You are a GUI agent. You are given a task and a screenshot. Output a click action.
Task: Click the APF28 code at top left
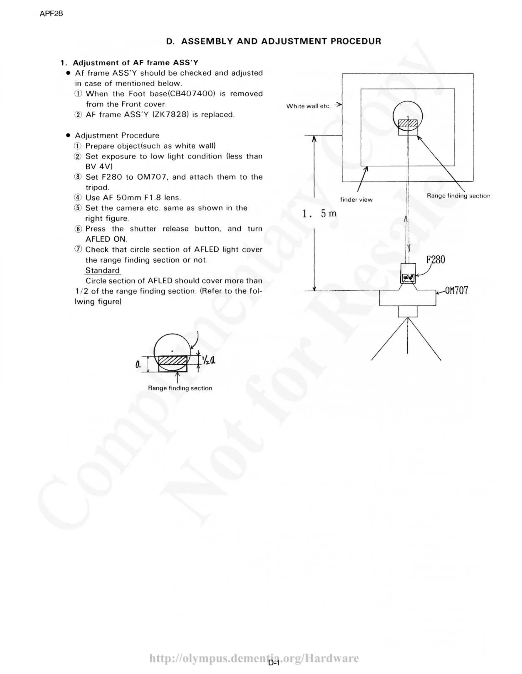51,14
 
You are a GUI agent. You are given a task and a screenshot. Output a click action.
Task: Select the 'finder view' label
356,200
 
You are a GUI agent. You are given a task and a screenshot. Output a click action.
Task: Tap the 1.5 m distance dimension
319,214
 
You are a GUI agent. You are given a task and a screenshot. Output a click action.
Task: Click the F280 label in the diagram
435,260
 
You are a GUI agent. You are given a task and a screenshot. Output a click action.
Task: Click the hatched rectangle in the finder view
408,123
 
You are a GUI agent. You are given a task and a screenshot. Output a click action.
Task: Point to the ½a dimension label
209,359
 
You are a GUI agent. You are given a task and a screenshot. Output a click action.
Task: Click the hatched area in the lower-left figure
173,360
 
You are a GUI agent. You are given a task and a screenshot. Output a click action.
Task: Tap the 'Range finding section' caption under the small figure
180,388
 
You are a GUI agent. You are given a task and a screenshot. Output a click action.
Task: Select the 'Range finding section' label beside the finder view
458,196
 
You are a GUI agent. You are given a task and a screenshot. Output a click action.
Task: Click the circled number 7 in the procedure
78,249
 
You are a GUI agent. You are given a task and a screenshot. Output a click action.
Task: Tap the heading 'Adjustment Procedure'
117,135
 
